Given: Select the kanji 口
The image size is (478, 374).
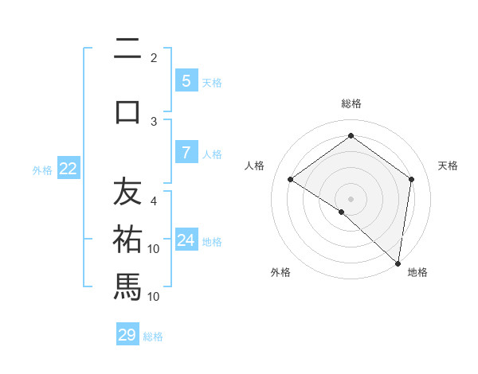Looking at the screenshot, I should click(127, 111).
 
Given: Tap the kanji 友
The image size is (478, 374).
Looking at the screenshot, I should click(127, 192).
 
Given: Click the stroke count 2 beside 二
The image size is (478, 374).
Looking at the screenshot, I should click(154, 58).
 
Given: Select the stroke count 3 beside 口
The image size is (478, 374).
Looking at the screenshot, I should click(154, 121).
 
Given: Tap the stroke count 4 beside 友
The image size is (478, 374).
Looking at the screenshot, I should click(154, 201).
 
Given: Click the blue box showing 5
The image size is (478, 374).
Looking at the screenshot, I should click(186, 81).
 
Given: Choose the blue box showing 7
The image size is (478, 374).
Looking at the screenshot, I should click(186, 153).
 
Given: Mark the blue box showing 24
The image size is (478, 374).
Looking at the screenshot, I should click(186, 240).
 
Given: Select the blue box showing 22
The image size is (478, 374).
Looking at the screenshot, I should click(69, 169).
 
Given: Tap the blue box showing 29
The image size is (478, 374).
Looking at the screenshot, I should click(127, 335).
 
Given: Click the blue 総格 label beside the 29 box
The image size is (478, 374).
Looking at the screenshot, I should click(154, 337).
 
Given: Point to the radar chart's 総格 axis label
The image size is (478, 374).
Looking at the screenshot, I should click(351, 103).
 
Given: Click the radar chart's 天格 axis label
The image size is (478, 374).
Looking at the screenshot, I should click(448, 166).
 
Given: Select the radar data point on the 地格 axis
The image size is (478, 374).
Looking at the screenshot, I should click(398, 262).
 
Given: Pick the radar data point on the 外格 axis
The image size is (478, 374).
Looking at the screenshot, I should click(342, 212).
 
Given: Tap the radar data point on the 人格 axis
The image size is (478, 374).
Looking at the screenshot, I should click(291, 179).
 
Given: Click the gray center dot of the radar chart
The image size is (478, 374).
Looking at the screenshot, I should click(351, 198).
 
